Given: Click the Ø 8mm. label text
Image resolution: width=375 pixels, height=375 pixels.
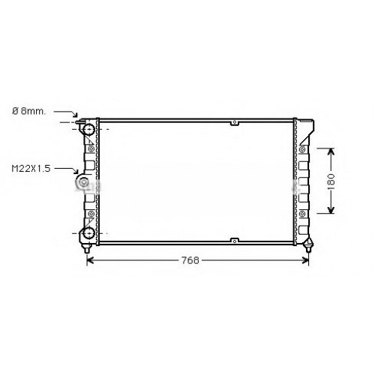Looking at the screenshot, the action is coord(29,111).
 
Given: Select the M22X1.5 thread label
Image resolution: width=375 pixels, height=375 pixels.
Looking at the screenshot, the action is coord(31,169).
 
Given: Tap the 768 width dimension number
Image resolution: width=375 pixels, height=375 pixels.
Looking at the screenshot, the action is coord(190,260).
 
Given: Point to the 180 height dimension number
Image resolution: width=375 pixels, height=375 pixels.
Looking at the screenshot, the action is coord(331,181).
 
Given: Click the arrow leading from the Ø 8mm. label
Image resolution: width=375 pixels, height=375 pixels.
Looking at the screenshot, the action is coord(65,113).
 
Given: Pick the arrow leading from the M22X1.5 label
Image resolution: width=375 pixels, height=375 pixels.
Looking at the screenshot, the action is coord(66,170).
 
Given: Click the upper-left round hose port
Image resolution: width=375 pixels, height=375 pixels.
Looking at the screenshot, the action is coord(88,129).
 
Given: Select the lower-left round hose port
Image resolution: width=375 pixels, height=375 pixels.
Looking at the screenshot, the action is coord(88,233).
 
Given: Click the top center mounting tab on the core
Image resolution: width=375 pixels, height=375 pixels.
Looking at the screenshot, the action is coord(235,122).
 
